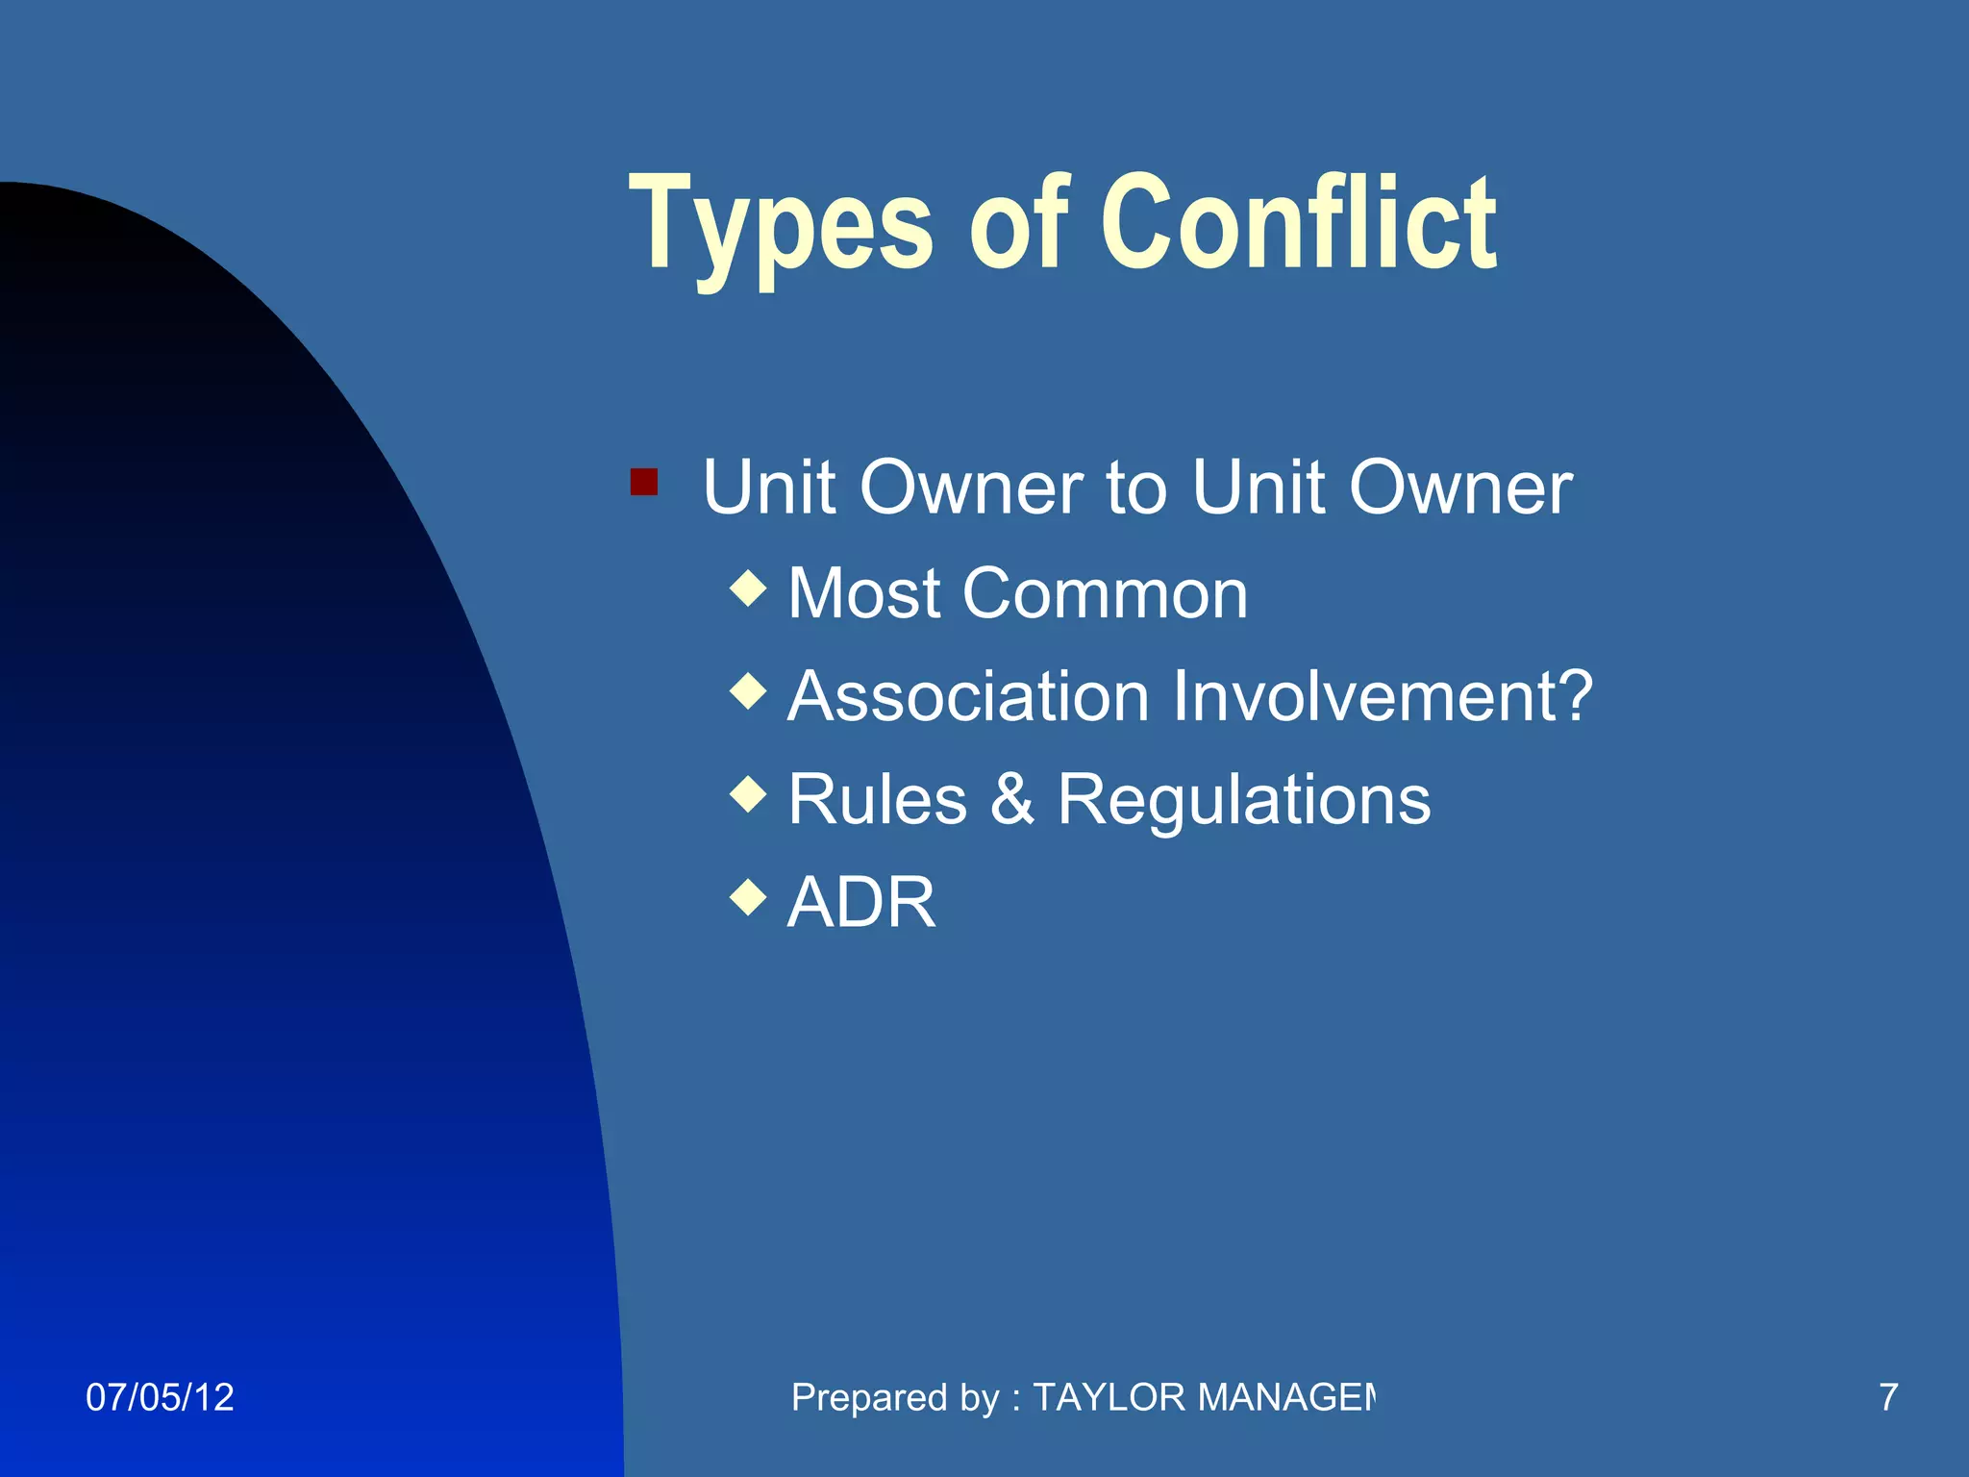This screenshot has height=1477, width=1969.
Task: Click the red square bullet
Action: [643, 481]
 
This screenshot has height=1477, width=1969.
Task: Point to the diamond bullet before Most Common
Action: [748, 588]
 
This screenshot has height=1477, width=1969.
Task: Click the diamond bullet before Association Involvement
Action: [748, 691]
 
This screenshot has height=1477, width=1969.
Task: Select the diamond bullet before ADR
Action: [748, 898]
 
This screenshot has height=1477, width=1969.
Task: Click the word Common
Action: [1105, 593]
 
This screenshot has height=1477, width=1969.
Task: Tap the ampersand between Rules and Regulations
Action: [1011, 799]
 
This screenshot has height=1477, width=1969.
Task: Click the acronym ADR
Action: [860, 903]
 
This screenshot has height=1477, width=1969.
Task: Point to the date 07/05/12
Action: [160, 1397]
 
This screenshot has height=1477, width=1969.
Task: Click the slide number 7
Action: [1888, 1397]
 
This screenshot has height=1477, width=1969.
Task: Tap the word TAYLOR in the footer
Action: [1109, 1397]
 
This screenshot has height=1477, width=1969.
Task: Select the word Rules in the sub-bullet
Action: [877, 799]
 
